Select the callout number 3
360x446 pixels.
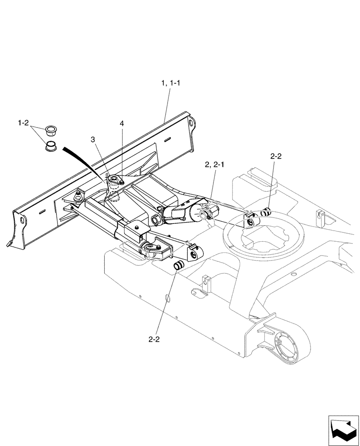(93, 140)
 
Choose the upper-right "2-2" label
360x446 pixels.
(276, 157)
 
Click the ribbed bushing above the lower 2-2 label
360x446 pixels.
(179, 265)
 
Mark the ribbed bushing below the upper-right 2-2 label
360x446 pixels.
(267, 212)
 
